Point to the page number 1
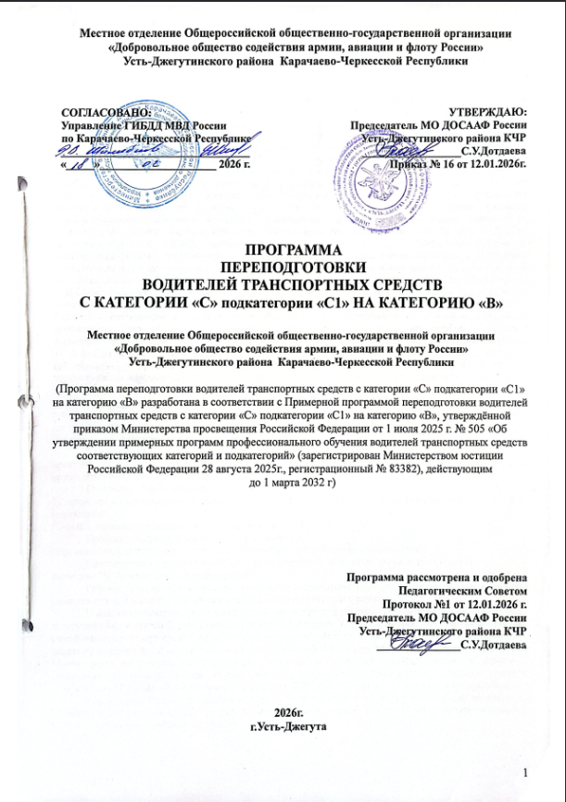pyautogui.click(x=526, y=773)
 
